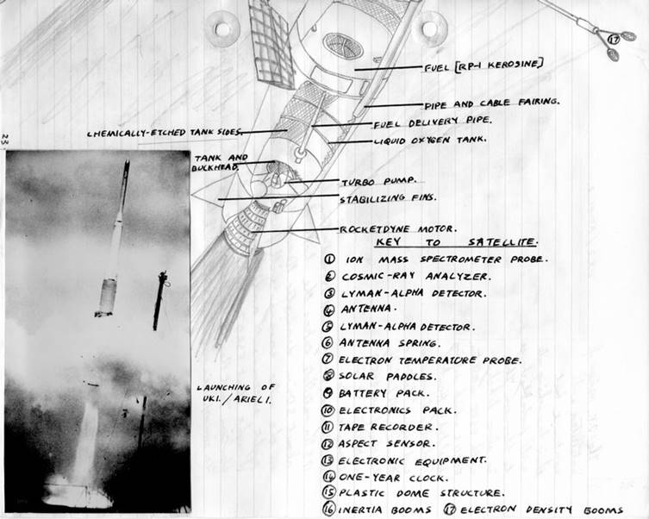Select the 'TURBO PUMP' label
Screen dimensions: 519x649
point(378,182)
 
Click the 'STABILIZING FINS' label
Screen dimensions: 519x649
point(388,198)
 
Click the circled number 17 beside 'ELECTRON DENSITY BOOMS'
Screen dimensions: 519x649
point(449,510)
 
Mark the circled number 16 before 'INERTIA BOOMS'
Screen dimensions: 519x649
point(329,510)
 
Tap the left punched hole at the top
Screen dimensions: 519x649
point(223,28)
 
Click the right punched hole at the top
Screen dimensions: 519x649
point(428,28)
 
